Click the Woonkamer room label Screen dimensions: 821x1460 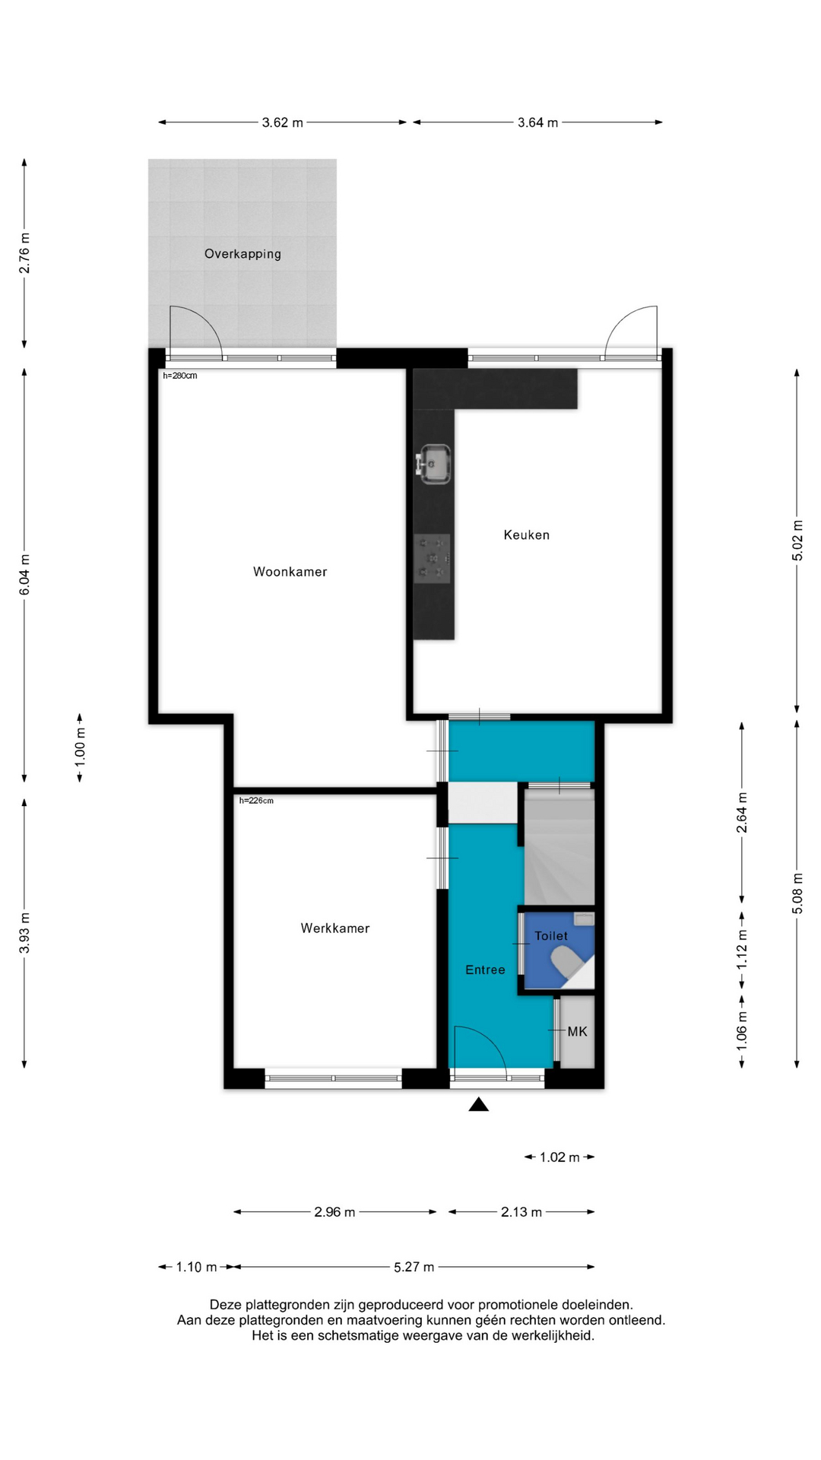pos(290,572)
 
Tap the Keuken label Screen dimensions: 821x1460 pos(526,535)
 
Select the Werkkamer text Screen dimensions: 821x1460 pos(334,928)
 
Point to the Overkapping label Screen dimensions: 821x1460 pos(242,254)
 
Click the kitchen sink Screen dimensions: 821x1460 pos(434,464)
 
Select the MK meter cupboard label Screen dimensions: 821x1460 pos(577,1032)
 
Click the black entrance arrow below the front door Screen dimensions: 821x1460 pos(478,1104)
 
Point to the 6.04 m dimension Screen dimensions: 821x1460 pos(24,576)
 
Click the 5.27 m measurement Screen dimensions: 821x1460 pos(414,1267)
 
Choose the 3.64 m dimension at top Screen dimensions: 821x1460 pos(537,122)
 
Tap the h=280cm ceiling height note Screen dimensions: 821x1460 pos(180,376)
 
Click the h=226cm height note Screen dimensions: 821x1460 pos(256,801)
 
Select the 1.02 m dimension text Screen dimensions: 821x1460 pos(559,1157)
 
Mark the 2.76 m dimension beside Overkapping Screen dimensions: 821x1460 pos(24,254)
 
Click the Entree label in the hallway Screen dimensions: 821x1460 pos(485,970)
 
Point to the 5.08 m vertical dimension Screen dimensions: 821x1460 pos(797,893)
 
